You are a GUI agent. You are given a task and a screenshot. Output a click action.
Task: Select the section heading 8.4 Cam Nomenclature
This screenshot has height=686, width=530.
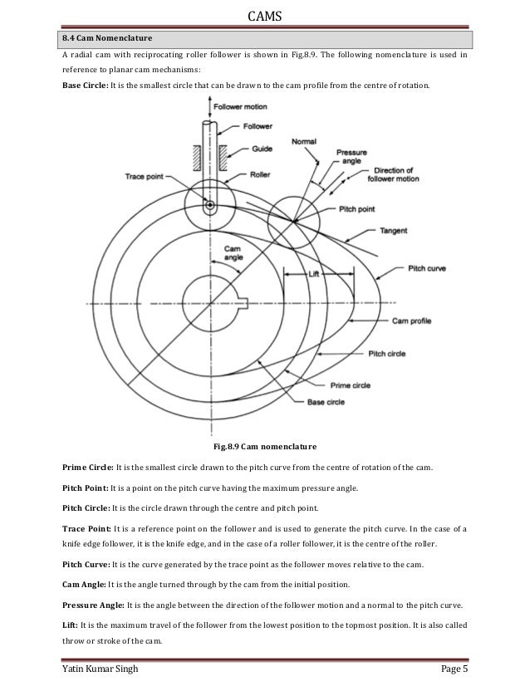106,38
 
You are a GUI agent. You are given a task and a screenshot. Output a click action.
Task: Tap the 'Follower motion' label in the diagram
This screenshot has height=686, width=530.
242,108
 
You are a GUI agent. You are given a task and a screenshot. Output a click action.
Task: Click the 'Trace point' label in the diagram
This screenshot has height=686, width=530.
144,175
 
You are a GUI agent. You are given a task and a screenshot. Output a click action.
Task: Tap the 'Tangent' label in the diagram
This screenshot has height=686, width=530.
392,229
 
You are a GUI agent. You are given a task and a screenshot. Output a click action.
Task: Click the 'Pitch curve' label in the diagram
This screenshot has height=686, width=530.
429,269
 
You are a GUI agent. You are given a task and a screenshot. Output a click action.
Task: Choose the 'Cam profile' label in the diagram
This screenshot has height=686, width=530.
413,319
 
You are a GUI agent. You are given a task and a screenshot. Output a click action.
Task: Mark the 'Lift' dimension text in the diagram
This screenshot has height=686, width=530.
313,272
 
